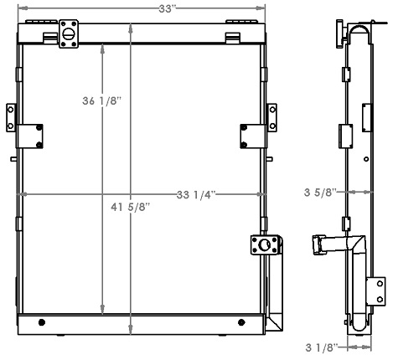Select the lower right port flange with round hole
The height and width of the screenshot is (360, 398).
264,245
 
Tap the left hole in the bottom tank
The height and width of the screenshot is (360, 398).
43,323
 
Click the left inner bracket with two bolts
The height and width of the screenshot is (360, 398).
35,133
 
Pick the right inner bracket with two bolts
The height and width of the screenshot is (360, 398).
248,133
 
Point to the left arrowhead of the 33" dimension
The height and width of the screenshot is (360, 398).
22,9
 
